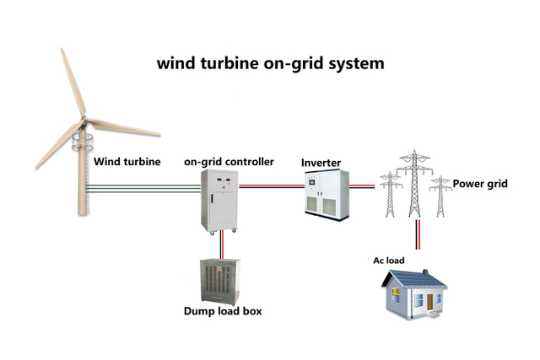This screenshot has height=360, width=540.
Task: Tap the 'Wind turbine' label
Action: coord(127,161)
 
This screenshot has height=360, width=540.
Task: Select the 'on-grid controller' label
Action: coord(229,161)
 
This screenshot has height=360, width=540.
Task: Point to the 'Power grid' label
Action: coord(480,183)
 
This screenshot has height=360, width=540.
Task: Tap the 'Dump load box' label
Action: coord(223,311)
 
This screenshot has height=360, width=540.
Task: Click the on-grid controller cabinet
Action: coord(221,200)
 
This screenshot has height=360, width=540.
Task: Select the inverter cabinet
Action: coord(326,195)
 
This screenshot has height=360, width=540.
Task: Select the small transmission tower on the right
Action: coord(440,196)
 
